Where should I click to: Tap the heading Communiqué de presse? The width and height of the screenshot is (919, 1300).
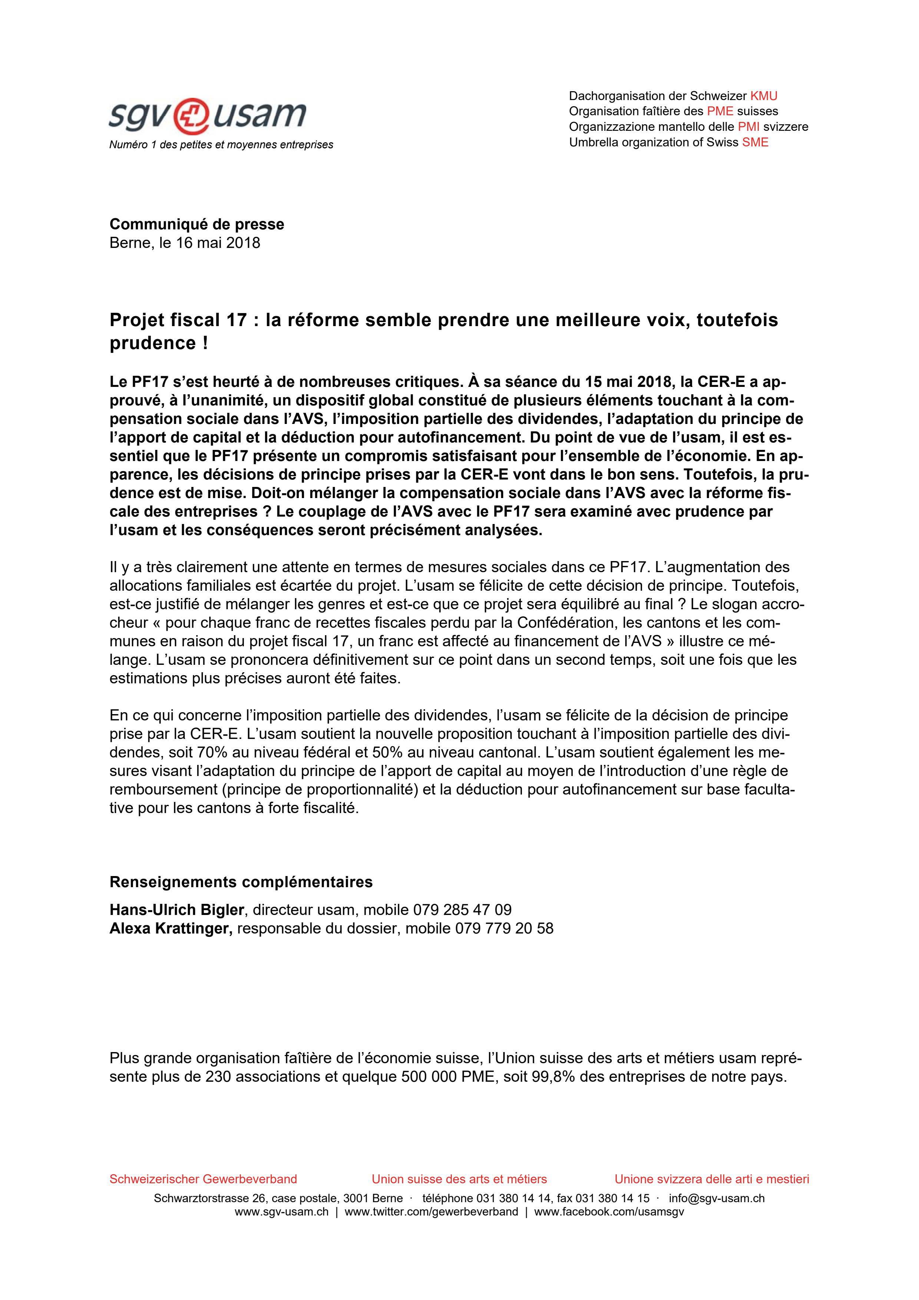(x=196, y=224)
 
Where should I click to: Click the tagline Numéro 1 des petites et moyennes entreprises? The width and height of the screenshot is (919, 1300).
(x=221, y=145)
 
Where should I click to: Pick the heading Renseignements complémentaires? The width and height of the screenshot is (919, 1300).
(x=241, y=882)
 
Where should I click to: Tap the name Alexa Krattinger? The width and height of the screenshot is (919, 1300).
(x=171, y=929)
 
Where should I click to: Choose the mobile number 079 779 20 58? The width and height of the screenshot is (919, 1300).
(x=503, y=929)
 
